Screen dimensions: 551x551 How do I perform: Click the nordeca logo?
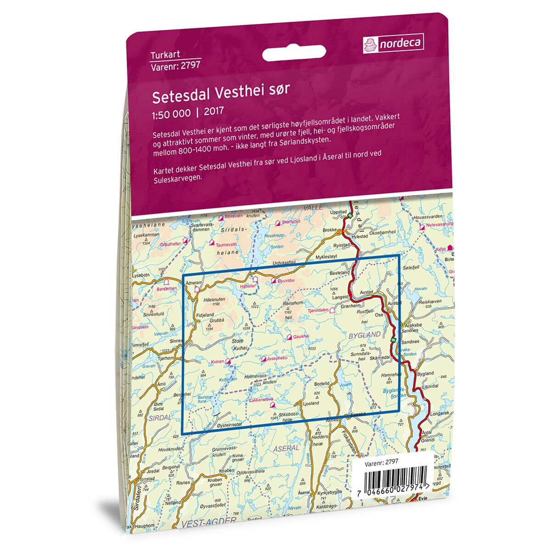pyautogui.click(x=393, y=44)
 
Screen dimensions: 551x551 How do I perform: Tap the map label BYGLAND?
pyautogui.click(x=365, y=335)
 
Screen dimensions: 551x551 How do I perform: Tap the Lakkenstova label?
pyautogui.click(x=261, y=400)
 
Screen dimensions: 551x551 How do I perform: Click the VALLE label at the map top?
pyautogui.click(x=314, y=208)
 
